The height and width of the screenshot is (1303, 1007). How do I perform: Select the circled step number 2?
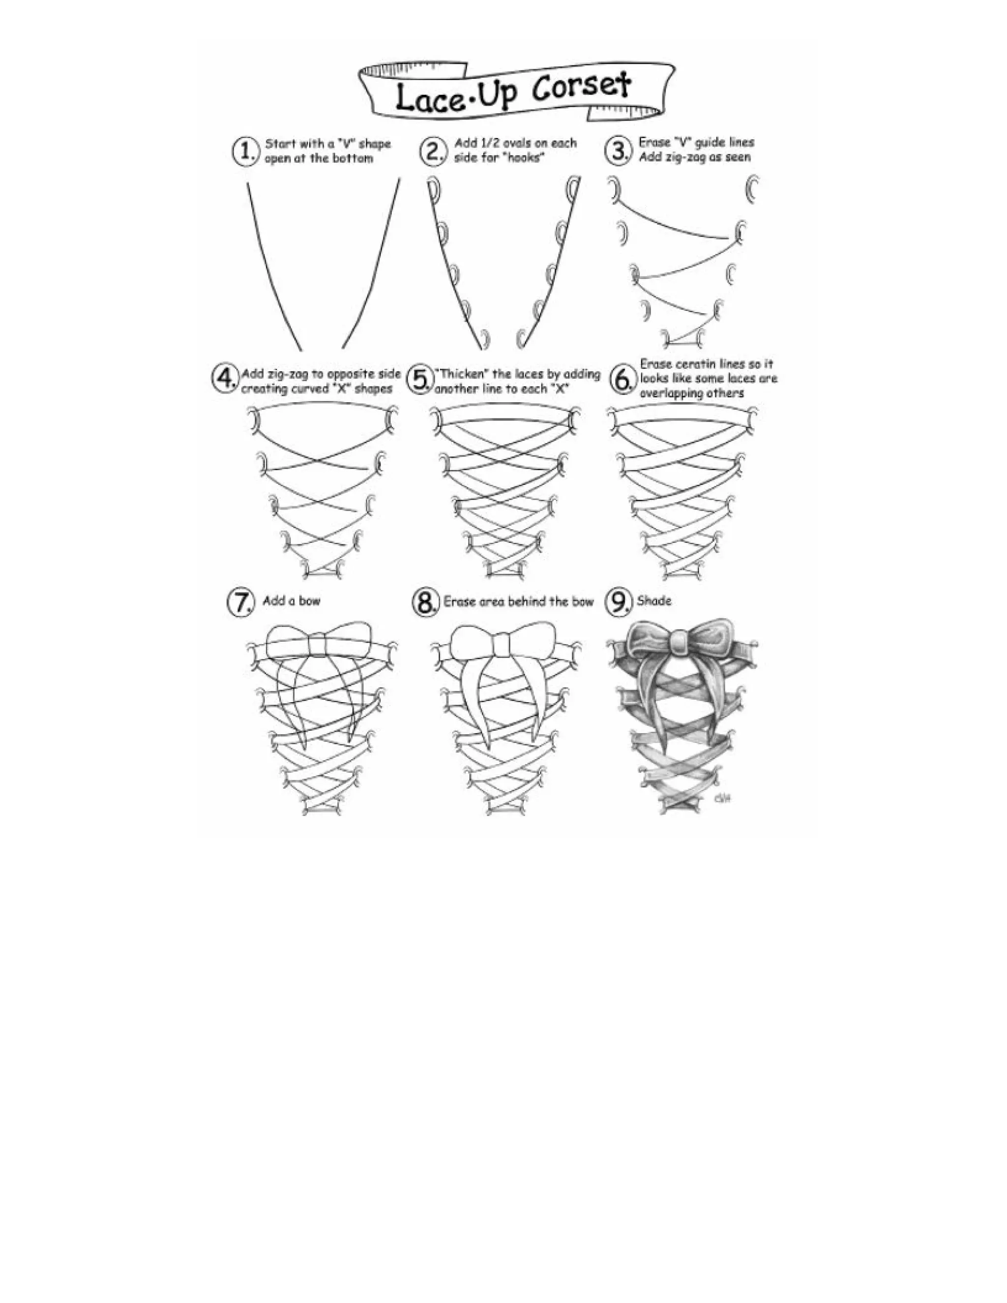click(433, 151)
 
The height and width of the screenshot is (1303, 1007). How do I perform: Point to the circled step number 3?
click(618, 150)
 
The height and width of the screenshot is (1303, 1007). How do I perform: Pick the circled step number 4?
click(224, 378)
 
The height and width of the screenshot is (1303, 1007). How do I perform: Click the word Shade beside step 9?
click(654, 601)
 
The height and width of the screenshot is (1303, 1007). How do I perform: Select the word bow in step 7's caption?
click(310, 601)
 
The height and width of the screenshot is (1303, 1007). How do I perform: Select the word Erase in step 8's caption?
click(460, 602)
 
